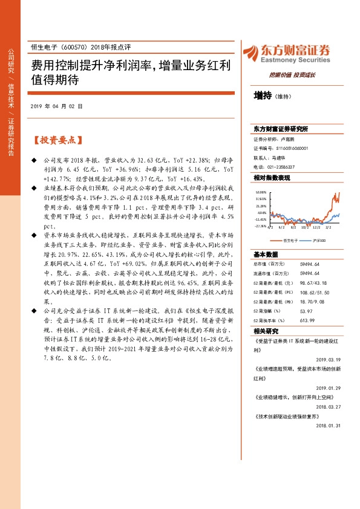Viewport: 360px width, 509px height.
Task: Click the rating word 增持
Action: point(263,95)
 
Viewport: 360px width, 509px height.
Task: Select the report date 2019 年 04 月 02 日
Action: point(56,106)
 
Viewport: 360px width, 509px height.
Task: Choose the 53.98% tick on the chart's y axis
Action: point(261,191)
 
